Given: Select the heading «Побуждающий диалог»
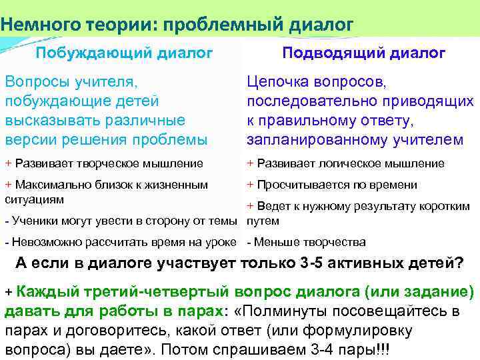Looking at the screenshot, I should (124, 53).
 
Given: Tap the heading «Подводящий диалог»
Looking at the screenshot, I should (364, 53).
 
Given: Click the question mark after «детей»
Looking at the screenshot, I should (459, 263).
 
